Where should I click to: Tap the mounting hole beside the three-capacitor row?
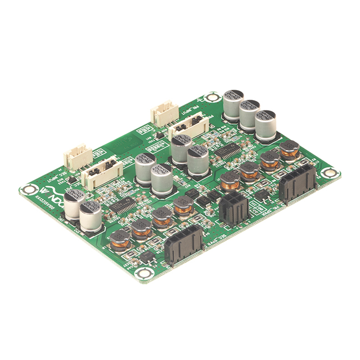(212, 97)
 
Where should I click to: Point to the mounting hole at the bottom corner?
(145, 273)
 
